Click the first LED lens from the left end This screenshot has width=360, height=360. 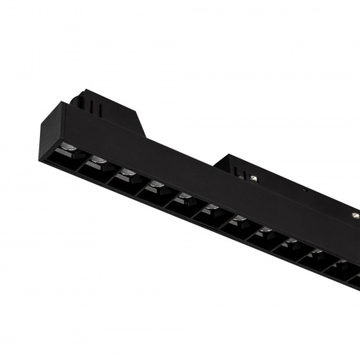point(70,149)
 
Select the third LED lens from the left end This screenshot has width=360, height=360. point(126,173)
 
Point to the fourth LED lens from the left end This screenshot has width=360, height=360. point(155,186)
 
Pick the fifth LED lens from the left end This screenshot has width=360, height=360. point(183,198)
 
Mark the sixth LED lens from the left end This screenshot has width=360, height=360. point(211,210)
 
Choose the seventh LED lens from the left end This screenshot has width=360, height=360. point(238,221)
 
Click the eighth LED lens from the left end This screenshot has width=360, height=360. point(265,232)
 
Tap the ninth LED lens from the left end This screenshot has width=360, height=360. point(291,243)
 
